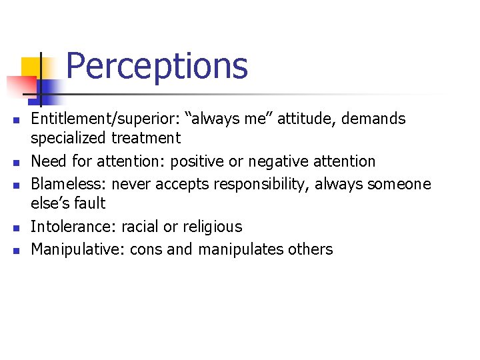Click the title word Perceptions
[157, 67]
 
